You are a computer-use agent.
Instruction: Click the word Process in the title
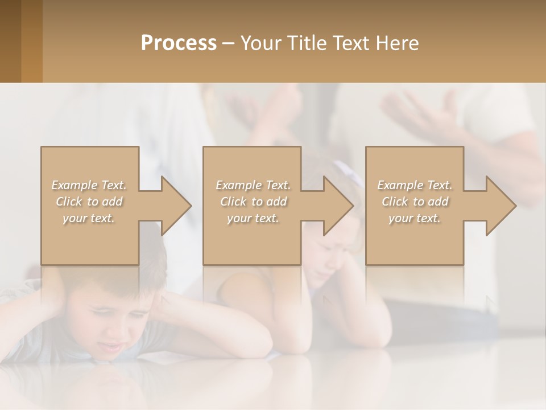[x=179, y=43]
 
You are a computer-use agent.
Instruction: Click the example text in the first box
[x=89, y=202]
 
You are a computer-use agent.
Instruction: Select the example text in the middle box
[x=253, y=202]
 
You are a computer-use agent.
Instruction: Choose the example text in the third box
[x=415, y=202]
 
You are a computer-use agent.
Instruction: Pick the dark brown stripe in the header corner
[x=10, y=41]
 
